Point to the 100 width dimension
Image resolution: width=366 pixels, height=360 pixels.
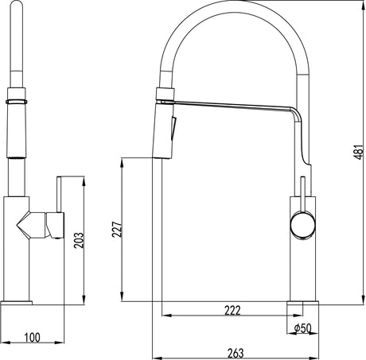coord(32,338)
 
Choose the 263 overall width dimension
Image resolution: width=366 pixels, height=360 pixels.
coord(236,352)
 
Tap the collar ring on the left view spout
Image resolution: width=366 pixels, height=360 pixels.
coord(17,102)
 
